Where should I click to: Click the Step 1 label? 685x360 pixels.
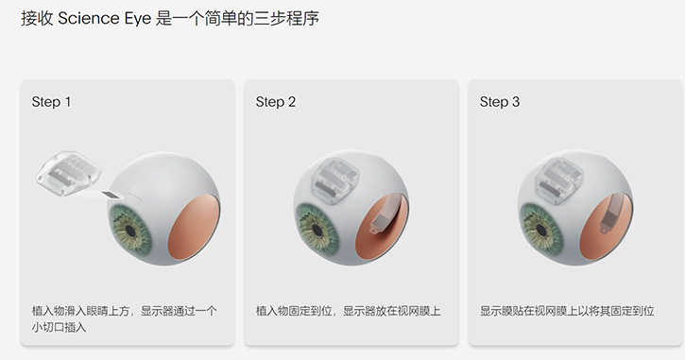51,102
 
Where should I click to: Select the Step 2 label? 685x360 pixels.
276,102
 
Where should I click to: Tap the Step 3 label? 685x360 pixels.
500,102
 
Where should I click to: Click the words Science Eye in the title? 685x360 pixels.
105,18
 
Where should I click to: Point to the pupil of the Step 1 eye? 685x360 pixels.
129,230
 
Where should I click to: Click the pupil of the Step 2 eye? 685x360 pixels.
317,231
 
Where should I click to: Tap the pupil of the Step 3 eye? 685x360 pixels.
542,230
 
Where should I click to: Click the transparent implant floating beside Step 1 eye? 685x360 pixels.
69,173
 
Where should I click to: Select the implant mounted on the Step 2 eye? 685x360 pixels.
335,180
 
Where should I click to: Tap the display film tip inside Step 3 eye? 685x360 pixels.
606,228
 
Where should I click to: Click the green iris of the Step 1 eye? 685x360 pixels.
130,231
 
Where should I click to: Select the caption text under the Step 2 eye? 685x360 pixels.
349,311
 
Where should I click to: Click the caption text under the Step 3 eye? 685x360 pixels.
567,311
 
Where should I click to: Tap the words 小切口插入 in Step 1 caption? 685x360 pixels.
59,327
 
